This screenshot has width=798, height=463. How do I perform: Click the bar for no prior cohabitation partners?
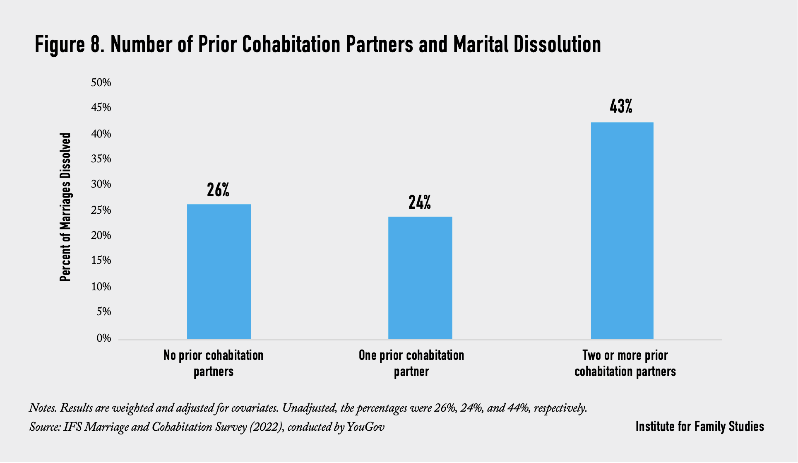click(x=219, y=271)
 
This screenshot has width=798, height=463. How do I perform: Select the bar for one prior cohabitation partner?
click(x=420, y=277)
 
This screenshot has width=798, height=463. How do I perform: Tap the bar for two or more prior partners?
click(x=622, y=230)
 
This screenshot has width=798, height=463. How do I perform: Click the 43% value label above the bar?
click(x=621, y=107)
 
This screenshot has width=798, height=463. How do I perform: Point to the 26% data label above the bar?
click(x=218, y=190)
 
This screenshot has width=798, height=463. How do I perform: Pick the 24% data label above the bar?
click(x=420, y=202)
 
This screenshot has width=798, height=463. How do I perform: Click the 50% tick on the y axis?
click(x=101, y=83)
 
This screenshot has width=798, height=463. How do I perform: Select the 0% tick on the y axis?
click(x=104, y=338)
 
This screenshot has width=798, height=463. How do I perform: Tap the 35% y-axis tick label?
click(x=101, y=159)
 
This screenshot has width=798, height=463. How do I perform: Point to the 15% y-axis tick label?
click(x=101, y=260)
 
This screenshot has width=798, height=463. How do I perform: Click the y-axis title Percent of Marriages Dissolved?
click(x=65, y=207)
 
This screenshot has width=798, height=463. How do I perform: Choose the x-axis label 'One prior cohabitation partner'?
click(x=411, y=363)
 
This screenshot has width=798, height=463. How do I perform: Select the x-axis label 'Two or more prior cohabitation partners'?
click(x=625, y=363)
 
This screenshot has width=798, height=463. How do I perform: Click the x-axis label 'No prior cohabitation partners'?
click(x=214, y=363)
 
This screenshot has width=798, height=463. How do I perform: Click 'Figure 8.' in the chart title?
click(x=69, y=45)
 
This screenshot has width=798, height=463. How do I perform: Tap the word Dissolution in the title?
click(x=557, y=45)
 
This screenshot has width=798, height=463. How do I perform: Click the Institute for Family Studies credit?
click(x=699, y=427)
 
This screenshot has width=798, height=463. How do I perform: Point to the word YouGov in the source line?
click(x=365, y=427)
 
